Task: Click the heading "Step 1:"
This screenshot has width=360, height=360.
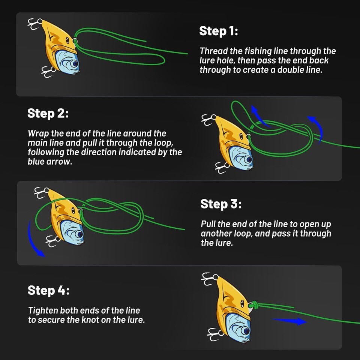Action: (x=218, y=31)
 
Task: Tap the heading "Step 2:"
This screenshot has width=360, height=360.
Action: (x=48, y=113)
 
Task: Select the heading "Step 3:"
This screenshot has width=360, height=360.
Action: (x=221, y=204)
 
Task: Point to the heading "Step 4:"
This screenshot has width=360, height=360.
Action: (x=48, y=290)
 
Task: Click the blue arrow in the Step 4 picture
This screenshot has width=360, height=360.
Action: (x=289, y=321)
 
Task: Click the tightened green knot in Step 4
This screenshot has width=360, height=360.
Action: (x=254, y=304)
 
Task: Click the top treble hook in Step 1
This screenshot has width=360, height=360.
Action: (x=34, y=24)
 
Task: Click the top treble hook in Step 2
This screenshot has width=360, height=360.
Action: (x=208, y=119)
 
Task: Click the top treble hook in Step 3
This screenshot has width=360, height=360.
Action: (x=41, y=192)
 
